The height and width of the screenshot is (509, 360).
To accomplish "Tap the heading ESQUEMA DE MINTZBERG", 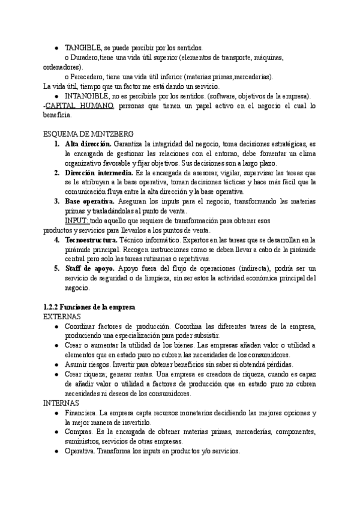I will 89,134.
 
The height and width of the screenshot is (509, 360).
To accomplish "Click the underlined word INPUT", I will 77,220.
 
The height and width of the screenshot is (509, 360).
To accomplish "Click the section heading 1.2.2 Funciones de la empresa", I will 89,307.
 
